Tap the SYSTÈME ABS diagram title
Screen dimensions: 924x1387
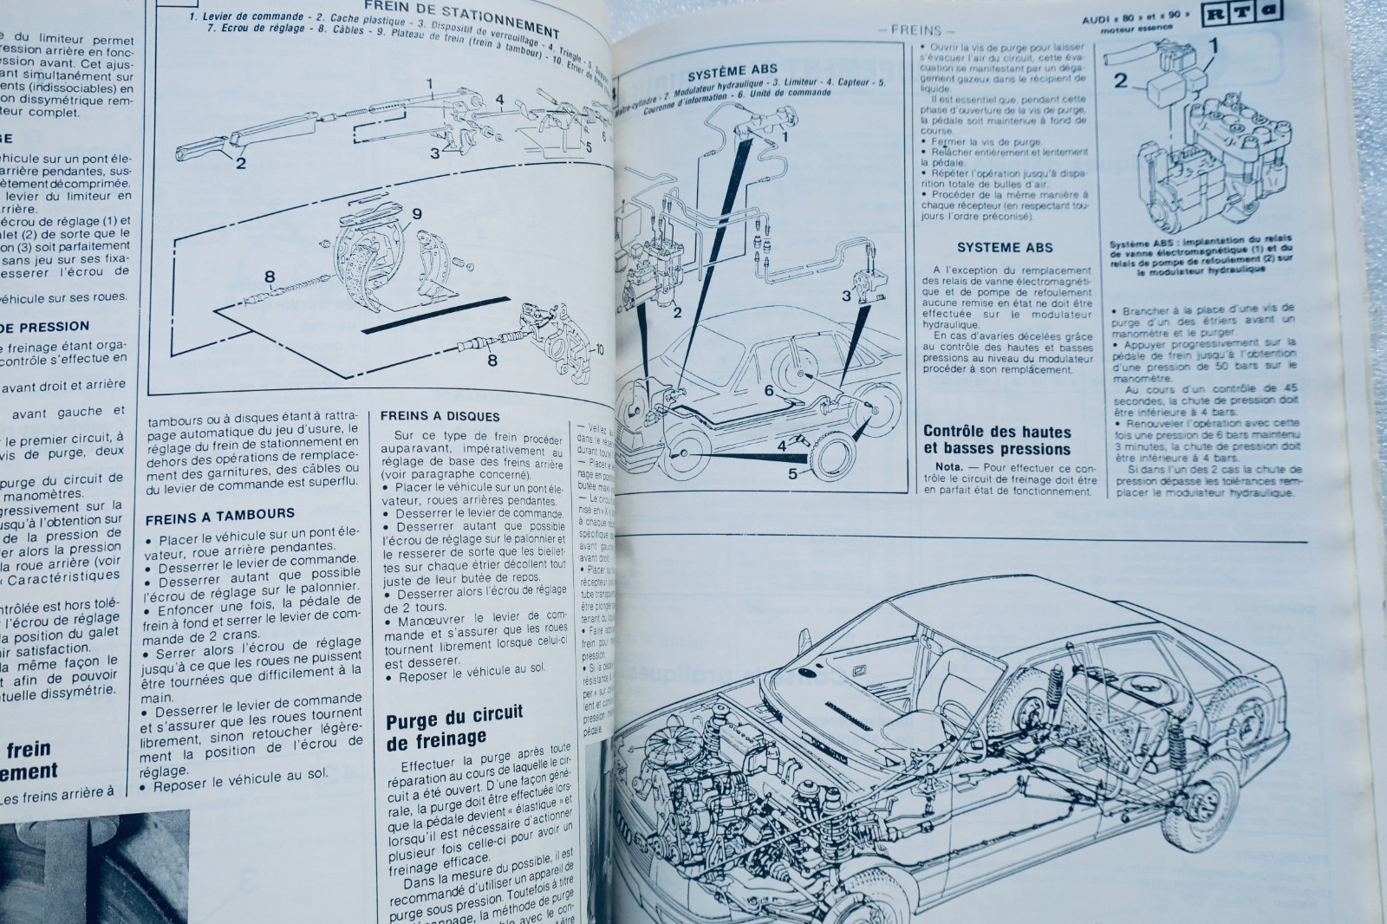[732, 68]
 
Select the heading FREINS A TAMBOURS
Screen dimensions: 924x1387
[219, 514]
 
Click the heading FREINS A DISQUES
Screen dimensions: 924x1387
[440, 415]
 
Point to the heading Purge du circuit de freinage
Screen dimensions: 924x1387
[454, 726]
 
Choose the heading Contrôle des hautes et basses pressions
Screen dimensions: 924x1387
[997, 439]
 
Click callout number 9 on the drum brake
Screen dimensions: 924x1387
[416, 214]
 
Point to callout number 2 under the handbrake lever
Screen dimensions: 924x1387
[241, 162]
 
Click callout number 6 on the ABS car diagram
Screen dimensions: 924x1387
[768, 391]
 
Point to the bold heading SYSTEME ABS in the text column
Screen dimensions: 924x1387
[993, 247]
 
